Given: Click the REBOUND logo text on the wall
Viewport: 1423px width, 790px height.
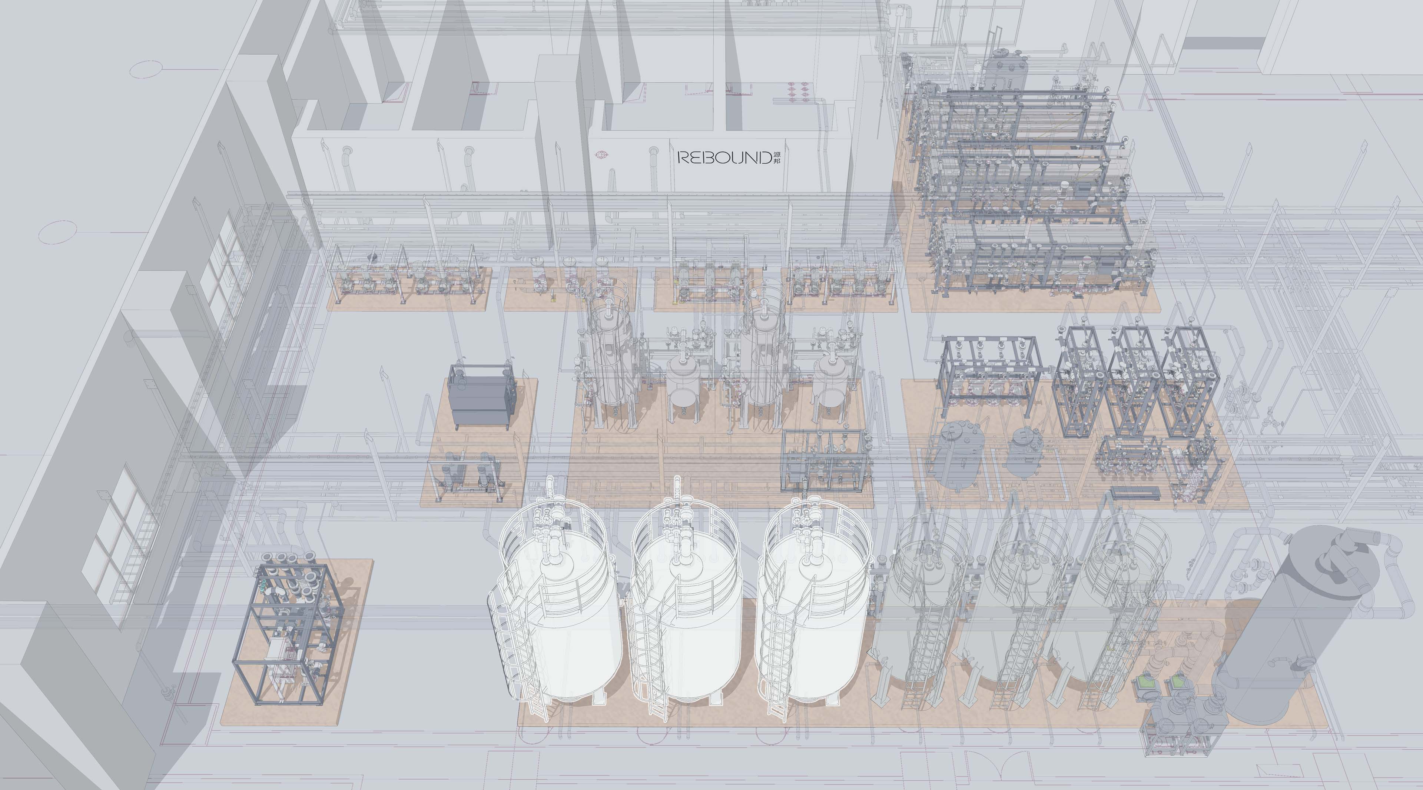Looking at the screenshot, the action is click(724, 158).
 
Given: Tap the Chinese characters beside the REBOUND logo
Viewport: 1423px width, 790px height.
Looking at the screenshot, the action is click(777, 158).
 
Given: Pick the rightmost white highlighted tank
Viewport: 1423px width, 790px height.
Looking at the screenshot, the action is click(812, 602).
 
